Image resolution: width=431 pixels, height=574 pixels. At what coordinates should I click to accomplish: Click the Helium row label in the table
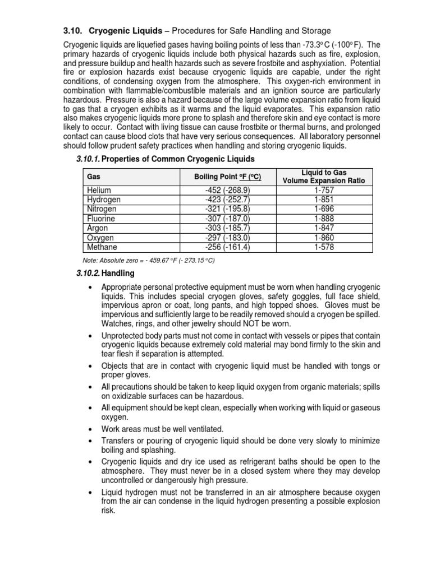(x=99, y=191)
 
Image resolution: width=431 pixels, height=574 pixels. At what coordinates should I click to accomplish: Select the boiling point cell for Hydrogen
(x=227, y=200)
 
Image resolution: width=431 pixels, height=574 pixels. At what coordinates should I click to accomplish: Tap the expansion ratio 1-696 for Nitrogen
(x=324, y=209)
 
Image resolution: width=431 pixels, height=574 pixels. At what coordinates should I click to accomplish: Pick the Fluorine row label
(x=101, y=218)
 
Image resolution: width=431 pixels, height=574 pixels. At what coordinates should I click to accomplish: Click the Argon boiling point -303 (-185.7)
(x=227, y=228)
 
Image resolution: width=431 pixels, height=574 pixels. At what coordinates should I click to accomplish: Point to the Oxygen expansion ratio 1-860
(x=324, y=238)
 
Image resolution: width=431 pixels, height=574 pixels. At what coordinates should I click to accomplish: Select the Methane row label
(x=102, y=247)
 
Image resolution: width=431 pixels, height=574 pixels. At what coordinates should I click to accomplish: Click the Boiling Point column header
(x=227, y=177)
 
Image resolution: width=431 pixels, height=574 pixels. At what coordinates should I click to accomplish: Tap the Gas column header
(x=93, y=177)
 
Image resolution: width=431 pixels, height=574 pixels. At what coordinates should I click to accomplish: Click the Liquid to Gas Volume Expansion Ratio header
(x=324, y=177)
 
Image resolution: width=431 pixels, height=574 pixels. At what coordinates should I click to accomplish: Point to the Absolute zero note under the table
(x=149, y=261)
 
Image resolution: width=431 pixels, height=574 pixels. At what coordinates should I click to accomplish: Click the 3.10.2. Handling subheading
(x=105, y=274)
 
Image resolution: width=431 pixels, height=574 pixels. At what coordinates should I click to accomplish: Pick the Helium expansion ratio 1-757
(x=324, y=191)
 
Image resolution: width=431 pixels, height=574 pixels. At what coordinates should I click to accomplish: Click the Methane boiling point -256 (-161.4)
(x=227, y=247)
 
